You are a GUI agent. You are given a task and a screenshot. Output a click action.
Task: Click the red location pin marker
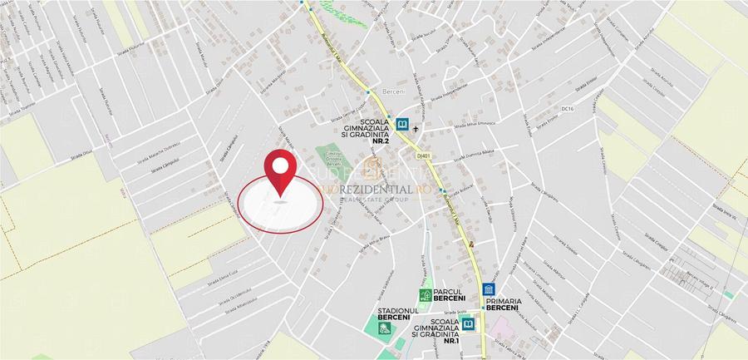point(281,173)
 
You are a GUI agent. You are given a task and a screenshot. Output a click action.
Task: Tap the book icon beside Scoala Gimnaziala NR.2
point(403,125)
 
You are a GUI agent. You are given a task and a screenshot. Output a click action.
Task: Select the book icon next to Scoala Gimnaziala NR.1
point(470,323)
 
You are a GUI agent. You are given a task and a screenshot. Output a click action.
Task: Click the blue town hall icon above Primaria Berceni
point(489,291)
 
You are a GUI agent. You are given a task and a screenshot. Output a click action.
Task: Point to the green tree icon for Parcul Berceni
point(426,295)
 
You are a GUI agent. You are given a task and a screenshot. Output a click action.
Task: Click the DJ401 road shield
point(424,155)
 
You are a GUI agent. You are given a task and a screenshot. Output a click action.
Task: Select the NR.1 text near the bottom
point(451,341)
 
